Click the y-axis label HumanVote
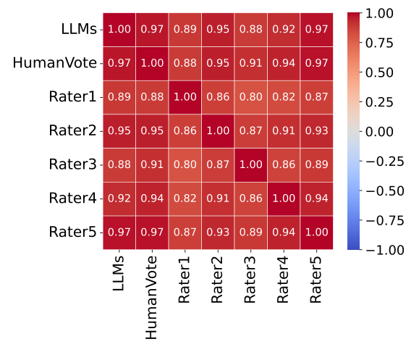[54, 63]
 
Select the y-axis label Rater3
[72, 164]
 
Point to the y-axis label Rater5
[72, 232]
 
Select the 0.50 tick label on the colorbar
[388, 72]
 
